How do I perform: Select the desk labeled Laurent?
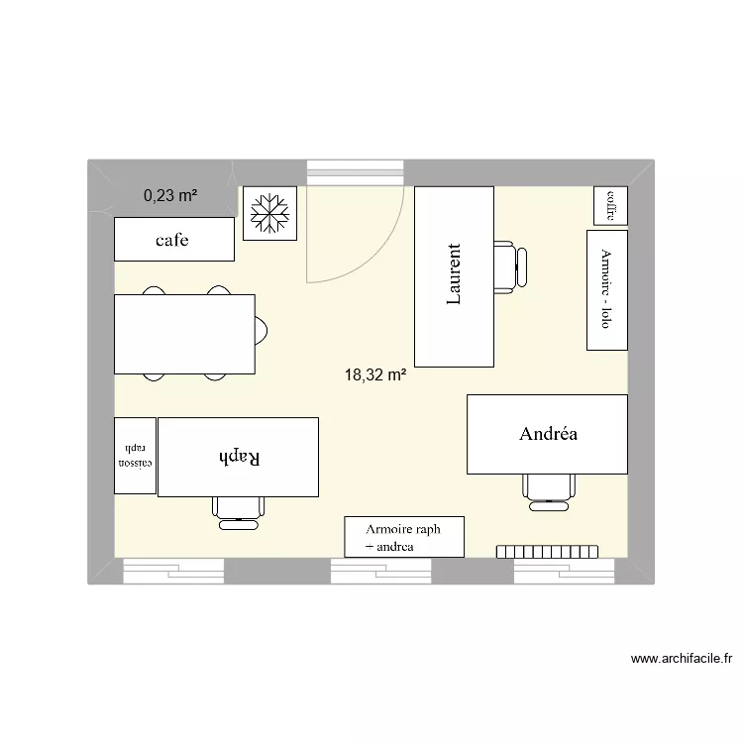coord(454,276)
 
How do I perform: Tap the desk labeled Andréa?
coord(547,434)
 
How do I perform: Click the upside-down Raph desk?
coord(238,457)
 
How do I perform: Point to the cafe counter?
coord(174,240)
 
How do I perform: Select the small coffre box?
coord(610,206)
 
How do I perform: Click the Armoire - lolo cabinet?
coord(606,290)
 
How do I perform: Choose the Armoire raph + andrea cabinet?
coord(404,537)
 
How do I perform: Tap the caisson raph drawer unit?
coord(135,456)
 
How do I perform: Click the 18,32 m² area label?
coord(375,375)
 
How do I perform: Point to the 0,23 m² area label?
coord(169,196)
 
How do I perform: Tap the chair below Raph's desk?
coord(239,507)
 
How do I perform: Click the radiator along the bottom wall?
coord(548,551)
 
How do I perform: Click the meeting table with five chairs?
coord(184,334)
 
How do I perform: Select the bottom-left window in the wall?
coord(173,570)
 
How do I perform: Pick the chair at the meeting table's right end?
coord(262,330)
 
